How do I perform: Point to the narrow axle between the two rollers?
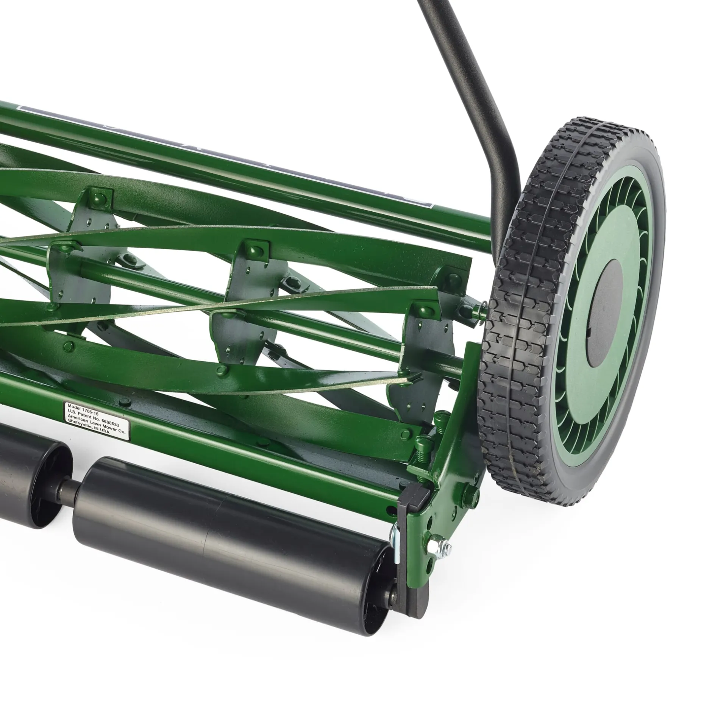(68, 489)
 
